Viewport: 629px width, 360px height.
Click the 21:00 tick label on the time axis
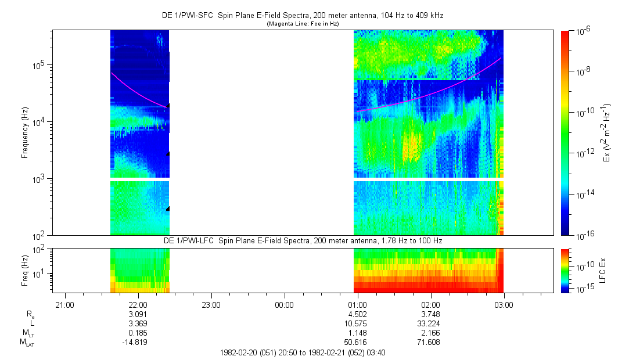click(x=64, y=305)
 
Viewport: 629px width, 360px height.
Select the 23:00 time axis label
click(x=211, y=305)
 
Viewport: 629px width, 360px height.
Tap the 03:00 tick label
click(x=504, y=305)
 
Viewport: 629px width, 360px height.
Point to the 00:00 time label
click(x=284, y=305)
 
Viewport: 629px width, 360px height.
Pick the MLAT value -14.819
click(x=138, y=342)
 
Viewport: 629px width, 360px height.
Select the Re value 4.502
click(x=357, y=314)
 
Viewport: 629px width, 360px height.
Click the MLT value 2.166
click(x=430, y=333)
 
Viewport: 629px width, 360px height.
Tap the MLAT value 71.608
click(x=430, y=342)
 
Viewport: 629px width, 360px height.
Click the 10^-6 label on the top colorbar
click(x=582, y=32)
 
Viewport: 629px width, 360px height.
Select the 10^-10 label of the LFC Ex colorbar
click(x=583, y=265)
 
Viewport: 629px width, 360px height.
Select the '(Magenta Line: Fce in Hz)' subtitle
click(x=303, y=24)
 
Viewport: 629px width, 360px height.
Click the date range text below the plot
click(x=303, y=352)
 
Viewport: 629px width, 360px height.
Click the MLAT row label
click(x=26, y=343)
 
